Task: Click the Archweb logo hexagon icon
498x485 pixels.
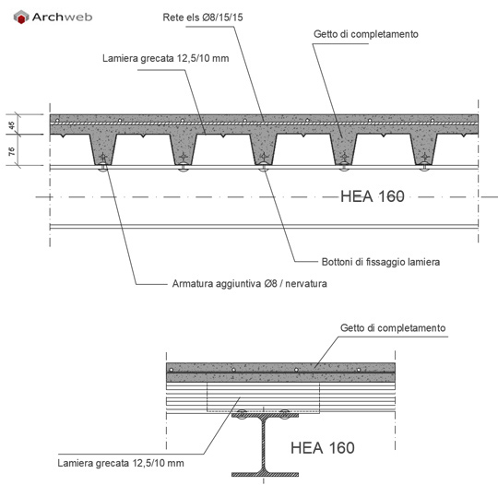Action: point(21,17)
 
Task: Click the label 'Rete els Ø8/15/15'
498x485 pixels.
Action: point(203,18)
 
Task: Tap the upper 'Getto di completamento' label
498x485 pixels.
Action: point(366,34)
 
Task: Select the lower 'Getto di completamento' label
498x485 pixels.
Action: point(393,327)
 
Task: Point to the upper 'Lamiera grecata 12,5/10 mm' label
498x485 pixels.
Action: point(165,58)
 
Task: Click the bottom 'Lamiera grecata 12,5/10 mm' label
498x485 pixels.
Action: point(121,463)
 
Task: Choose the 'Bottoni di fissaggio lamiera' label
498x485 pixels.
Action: point(381,262)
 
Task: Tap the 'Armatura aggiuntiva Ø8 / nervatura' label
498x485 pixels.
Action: point(249,283)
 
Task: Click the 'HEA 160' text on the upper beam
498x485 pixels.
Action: point(373,196)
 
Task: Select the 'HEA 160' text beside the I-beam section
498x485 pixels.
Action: point(323,448)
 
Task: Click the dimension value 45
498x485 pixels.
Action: point(12,125)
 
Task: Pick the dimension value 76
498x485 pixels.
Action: point(12,151)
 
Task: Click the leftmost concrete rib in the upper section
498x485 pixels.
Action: point(103,149)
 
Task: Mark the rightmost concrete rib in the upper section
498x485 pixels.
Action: point(424,149)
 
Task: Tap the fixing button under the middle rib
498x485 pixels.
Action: point(263,168)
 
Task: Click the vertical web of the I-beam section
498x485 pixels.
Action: point(265,444)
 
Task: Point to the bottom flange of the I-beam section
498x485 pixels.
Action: point(265,475)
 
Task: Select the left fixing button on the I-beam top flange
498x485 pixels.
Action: point(242,415)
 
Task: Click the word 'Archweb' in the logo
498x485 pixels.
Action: point(63,17)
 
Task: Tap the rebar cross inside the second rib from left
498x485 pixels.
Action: point(184,157)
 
